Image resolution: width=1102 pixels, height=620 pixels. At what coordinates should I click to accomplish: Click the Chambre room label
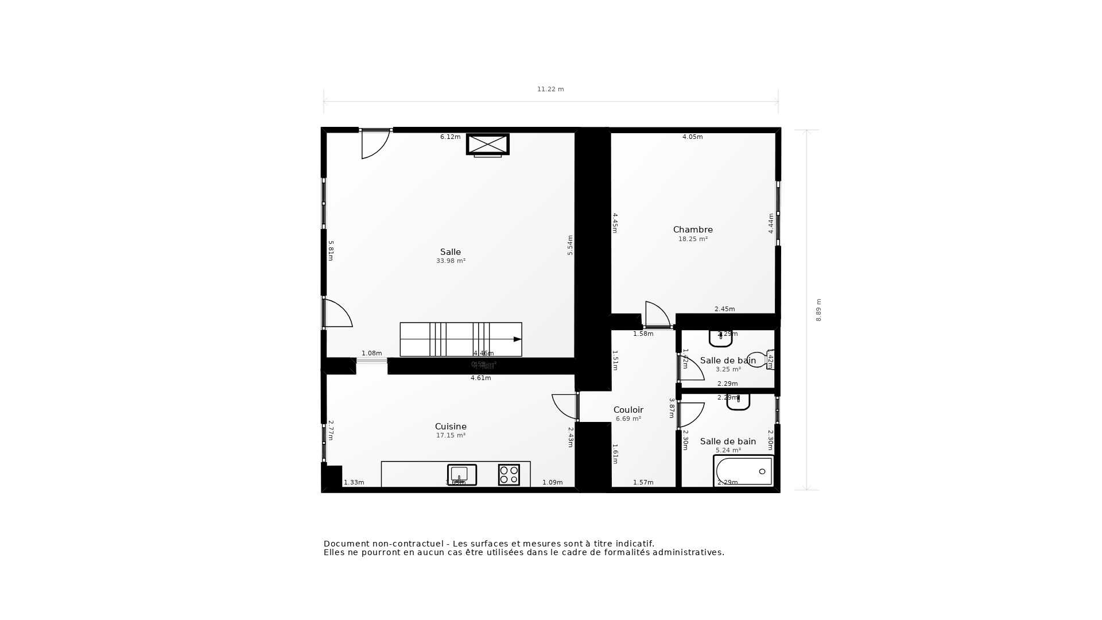click(x=693, y=230)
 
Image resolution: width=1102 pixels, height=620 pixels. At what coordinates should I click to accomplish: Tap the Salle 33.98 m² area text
click(x=451, y=261)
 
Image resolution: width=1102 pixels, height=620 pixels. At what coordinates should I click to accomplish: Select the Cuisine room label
click(x=451, y=427)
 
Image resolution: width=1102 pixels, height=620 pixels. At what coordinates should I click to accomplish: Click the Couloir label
click(x=628, y=410)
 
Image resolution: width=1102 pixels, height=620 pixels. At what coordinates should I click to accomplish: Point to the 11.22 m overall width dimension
click(x=550, y=89)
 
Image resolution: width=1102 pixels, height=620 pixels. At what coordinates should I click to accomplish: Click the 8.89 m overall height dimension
click(x=818, y=310)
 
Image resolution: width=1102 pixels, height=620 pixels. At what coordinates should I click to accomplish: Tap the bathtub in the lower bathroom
click(x=743, y=471)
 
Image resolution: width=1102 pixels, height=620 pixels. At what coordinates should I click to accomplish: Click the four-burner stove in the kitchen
click(x=509, y=475)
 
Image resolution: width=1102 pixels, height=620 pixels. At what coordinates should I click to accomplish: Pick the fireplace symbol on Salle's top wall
click(x=487, y=144)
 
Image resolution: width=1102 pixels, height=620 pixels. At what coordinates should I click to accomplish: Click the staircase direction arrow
click(x=517, y=339)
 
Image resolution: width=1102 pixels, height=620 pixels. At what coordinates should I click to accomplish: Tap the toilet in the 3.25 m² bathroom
click(x=758, y=360)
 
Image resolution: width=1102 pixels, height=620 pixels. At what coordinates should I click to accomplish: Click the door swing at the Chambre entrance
click(x=657, y=315)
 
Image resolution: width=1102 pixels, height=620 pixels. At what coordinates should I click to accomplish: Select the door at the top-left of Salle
click(x=374, y=144)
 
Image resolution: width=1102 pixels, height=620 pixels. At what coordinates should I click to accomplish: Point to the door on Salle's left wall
click(x=337, y=313)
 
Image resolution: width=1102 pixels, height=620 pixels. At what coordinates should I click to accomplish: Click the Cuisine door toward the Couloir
click(x=565, y=406)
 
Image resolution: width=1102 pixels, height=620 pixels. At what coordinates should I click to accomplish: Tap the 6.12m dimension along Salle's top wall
click(x=450, y=137)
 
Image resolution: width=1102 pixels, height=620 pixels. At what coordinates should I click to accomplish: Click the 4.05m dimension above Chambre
click(x=692, y=137)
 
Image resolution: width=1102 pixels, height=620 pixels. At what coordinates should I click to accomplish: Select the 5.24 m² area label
click(x=728, y=451)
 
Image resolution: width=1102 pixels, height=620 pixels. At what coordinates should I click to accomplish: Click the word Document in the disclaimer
click(x=347, y=544)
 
